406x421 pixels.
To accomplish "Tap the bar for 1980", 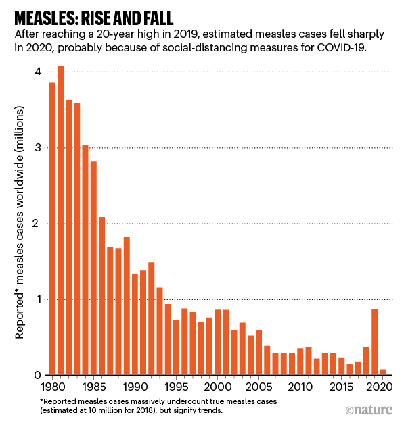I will [x=52, y=229].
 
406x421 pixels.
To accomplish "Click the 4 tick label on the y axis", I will [x=38, y=72].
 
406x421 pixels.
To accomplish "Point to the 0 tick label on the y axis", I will [x=38, y=375].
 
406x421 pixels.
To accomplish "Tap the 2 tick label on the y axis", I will [x=38, y=224].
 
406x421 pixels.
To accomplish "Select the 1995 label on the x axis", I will [x=176, y=389].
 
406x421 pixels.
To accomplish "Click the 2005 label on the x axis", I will [x=258, y=389].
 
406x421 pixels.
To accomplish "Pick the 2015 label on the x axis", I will [x=341, y=389].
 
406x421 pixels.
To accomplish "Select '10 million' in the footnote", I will [x=104, y=410].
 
